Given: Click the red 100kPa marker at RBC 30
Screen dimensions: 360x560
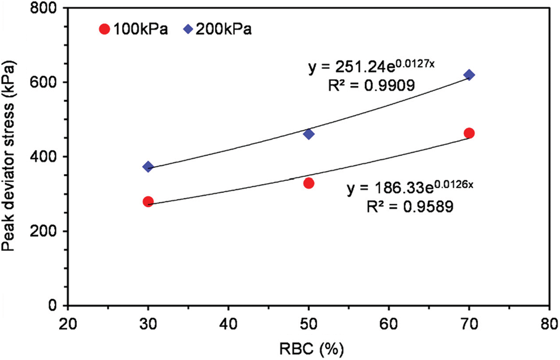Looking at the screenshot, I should click(148, 201).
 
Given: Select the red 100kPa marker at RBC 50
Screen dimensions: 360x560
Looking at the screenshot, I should click(309, 183).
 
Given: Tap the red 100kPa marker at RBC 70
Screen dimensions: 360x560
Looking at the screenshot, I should click(469, 133).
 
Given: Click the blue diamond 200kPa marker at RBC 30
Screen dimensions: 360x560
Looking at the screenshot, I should click(148, 167).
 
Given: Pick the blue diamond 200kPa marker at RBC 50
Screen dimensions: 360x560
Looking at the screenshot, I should click(309, 134).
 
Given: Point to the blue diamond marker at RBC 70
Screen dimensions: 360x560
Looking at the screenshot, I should click(469, 75).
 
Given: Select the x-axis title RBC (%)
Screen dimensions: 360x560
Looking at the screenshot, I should click(308, 347).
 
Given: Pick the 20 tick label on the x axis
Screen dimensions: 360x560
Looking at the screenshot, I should click(68, 321).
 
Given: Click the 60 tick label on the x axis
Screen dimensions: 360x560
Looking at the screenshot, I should click(389, 321).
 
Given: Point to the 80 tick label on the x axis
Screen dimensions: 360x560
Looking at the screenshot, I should click(549, 321).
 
